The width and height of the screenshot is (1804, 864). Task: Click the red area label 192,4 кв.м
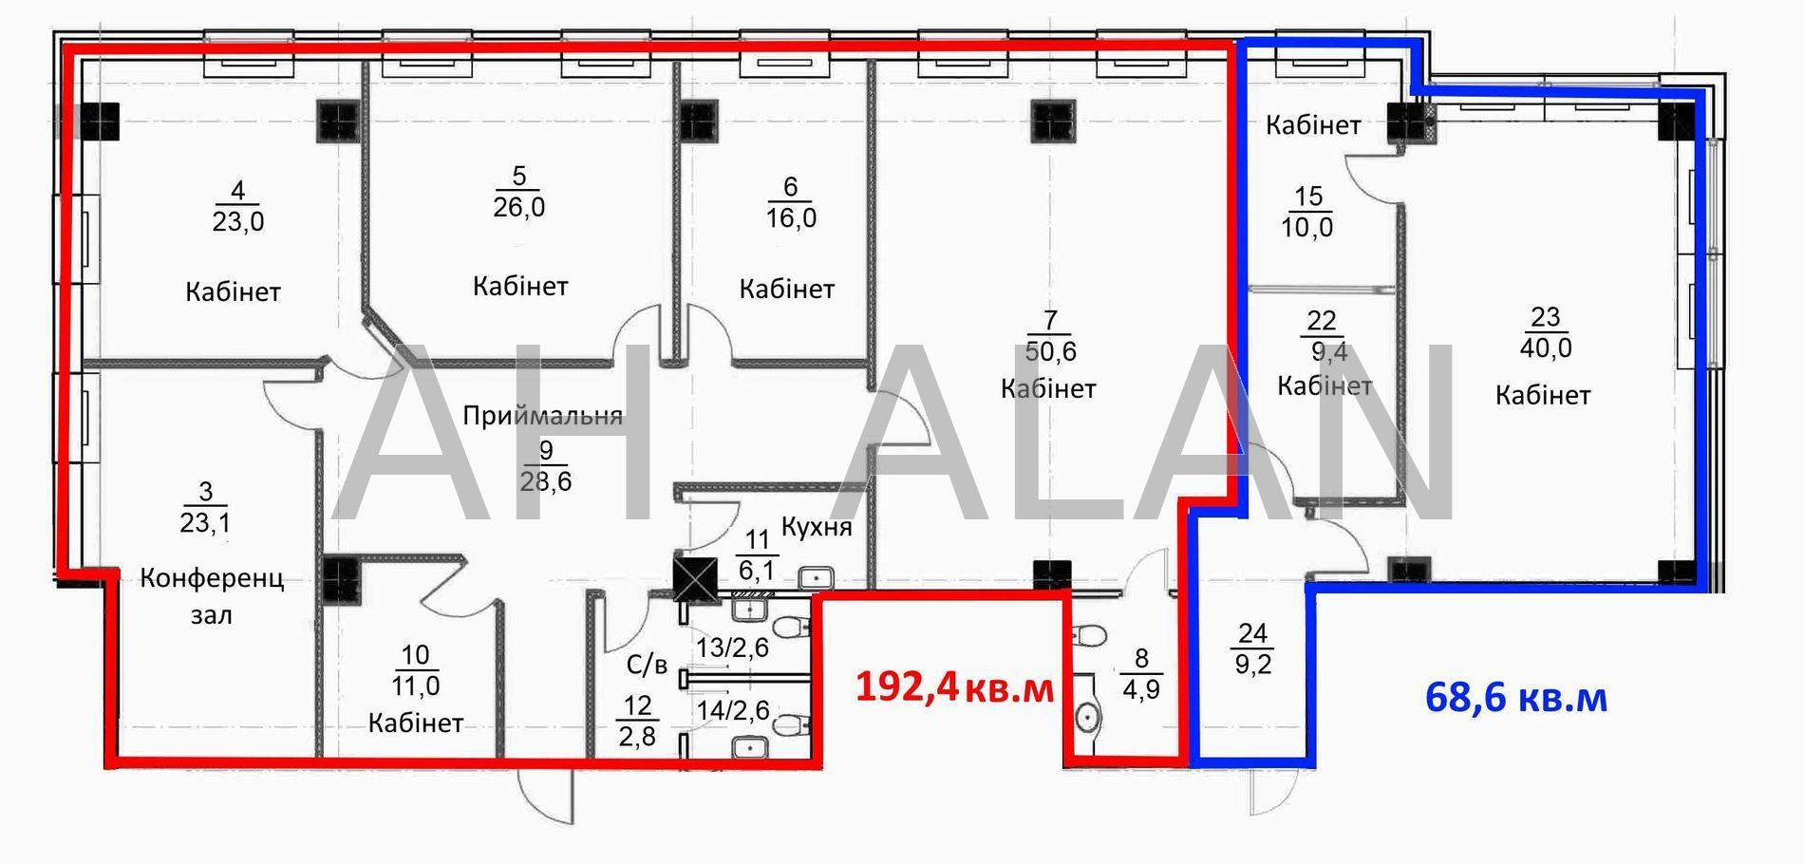(x=954, y=686)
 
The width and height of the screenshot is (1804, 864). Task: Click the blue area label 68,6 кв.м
(x=1516, y=698)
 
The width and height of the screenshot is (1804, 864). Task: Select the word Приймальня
(x=543, y=415)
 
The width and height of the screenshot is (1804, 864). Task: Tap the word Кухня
(x=817, y=527)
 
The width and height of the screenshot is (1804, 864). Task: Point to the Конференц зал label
(x=212, y=596)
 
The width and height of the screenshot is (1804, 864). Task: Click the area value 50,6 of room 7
(x=1050, y=351)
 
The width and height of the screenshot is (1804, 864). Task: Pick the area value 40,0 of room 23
(x=1546, y=347)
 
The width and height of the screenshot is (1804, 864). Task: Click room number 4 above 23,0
(x=237, y=190)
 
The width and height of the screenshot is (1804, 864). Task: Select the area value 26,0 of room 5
(x=519, y=206)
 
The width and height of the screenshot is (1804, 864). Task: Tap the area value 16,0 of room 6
(x=791, y=217)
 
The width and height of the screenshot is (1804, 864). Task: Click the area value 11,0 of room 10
(x=416, y=685)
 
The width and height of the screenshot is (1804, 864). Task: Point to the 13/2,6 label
(x=732, y=648)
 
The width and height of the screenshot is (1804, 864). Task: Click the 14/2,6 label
(x=732, y=709)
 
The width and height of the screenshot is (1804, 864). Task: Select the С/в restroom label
(x=648, y=665)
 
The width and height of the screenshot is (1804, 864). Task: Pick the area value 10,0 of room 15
(x=1307, y=228)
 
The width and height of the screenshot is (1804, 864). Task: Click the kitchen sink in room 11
(x=816, y=577)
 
